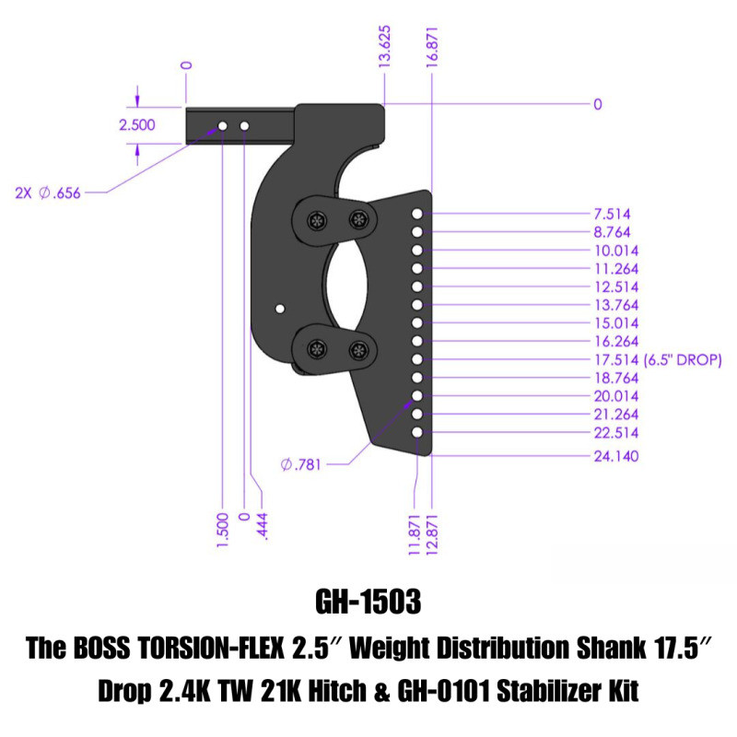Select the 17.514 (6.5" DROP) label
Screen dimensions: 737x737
pos(657,359)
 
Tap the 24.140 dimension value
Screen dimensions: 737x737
pos(614,455)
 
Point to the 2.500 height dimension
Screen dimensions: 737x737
pos(137,125)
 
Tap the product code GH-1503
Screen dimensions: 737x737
pos(368,602)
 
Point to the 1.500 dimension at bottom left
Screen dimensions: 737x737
pos(222,532)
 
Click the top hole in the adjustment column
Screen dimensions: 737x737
pos(417,214)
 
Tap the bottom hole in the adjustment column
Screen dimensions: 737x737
pos(417,432)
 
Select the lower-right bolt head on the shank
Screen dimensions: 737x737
pos(359,349)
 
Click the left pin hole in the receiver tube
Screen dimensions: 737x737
pos(223,124)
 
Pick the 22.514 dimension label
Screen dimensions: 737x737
pos(614,432)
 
